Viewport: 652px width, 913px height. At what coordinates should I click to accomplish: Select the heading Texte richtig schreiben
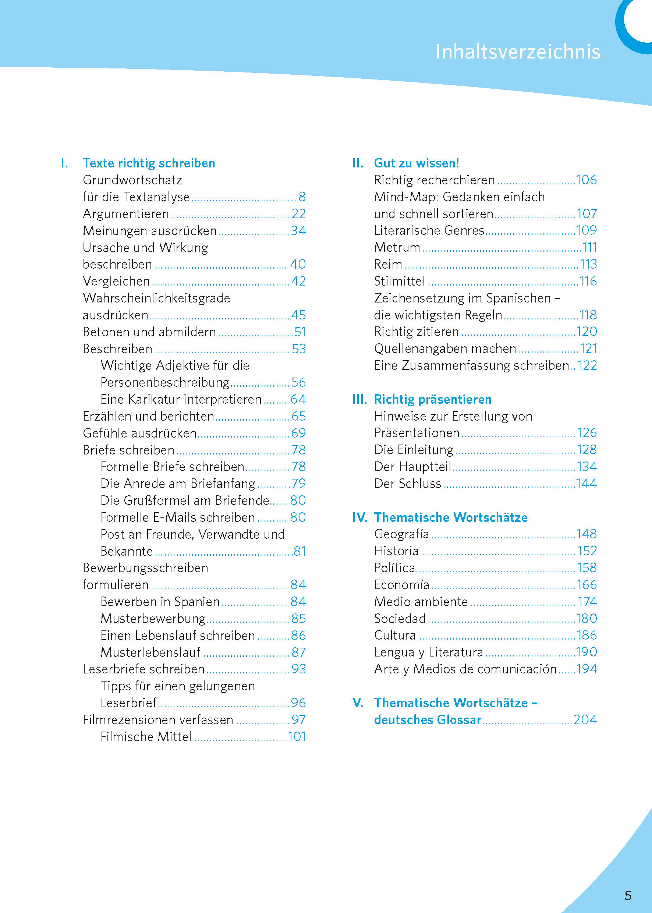(149, 163)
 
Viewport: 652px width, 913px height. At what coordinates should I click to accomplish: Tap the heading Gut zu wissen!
(417, 163)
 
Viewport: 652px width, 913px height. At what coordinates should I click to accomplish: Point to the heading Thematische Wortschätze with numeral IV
(450, 517)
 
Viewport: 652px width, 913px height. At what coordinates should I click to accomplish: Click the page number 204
(585, 719)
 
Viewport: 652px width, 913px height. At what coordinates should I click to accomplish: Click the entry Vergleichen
(116, 281)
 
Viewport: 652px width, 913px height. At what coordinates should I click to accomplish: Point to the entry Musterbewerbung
(153, 618)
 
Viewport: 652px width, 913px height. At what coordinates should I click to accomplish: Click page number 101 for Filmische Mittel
(297, 737)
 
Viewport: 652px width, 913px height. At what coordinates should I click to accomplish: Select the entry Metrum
(397, 247)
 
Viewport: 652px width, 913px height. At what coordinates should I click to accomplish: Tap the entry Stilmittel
(400, 281)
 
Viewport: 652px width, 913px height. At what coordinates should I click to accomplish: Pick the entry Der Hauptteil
(413, 467)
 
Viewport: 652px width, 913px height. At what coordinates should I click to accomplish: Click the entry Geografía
(401, 534)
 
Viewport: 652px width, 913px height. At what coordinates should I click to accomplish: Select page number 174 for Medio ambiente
(587, 601)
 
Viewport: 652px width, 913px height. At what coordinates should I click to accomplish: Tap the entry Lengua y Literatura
(428, 652)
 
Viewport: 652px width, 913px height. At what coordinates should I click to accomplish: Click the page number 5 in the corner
(628, 896)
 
